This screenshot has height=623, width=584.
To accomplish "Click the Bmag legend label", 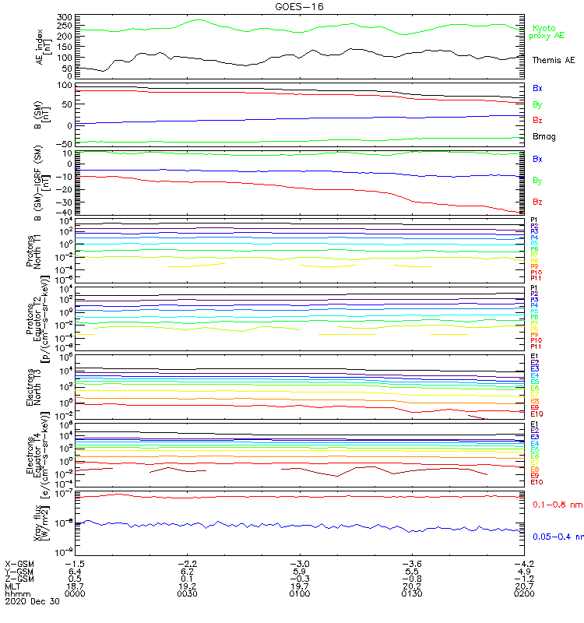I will coord(544,136).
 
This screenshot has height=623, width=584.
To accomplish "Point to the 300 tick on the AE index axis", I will coord(65,17).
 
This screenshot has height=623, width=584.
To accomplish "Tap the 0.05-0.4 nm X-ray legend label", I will coord(557,536).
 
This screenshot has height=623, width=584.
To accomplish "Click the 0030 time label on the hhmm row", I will coord(187,593).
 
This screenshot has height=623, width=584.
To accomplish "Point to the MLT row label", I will coord(13,586).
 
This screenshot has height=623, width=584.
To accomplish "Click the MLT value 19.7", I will coord(300,586).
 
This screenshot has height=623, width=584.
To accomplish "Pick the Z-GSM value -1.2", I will coord(522,578).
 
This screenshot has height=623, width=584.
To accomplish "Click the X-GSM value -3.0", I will coord(298,562).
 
